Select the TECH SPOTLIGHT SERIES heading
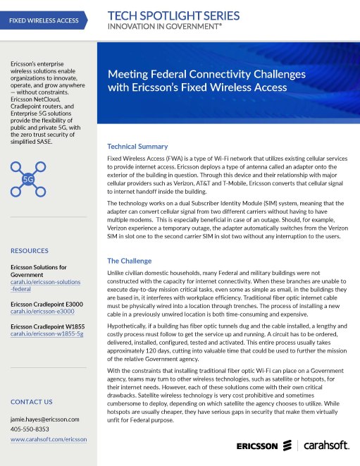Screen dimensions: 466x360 coord(174,16)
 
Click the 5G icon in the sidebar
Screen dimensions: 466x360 coord(29,179)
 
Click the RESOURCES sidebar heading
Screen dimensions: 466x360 coord(30,250)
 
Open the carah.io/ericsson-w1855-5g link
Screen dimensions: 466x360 coord(46,333)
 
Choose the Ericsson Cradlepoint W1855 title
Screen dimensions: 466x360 coord(47,326)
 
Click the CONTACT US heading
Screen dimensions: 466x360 coord(31,402)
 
